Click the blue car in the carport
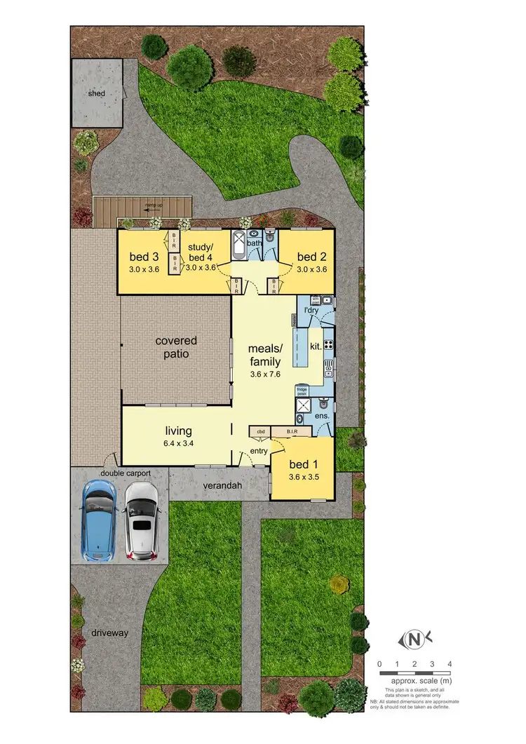click(98, 520)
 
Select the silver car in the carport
click(141, 520)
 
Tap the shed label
click(95, 93)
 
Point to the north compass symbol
click(414, 639)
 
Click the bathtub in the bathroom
click(238, 246)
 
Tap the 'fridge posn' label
click(302, 391)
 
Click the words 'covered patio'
click(176, 347)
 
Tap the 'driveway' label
click(109, 633)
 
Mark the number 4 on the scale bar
click(450, 663)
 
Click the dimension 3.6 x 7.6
click(264, 375)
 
